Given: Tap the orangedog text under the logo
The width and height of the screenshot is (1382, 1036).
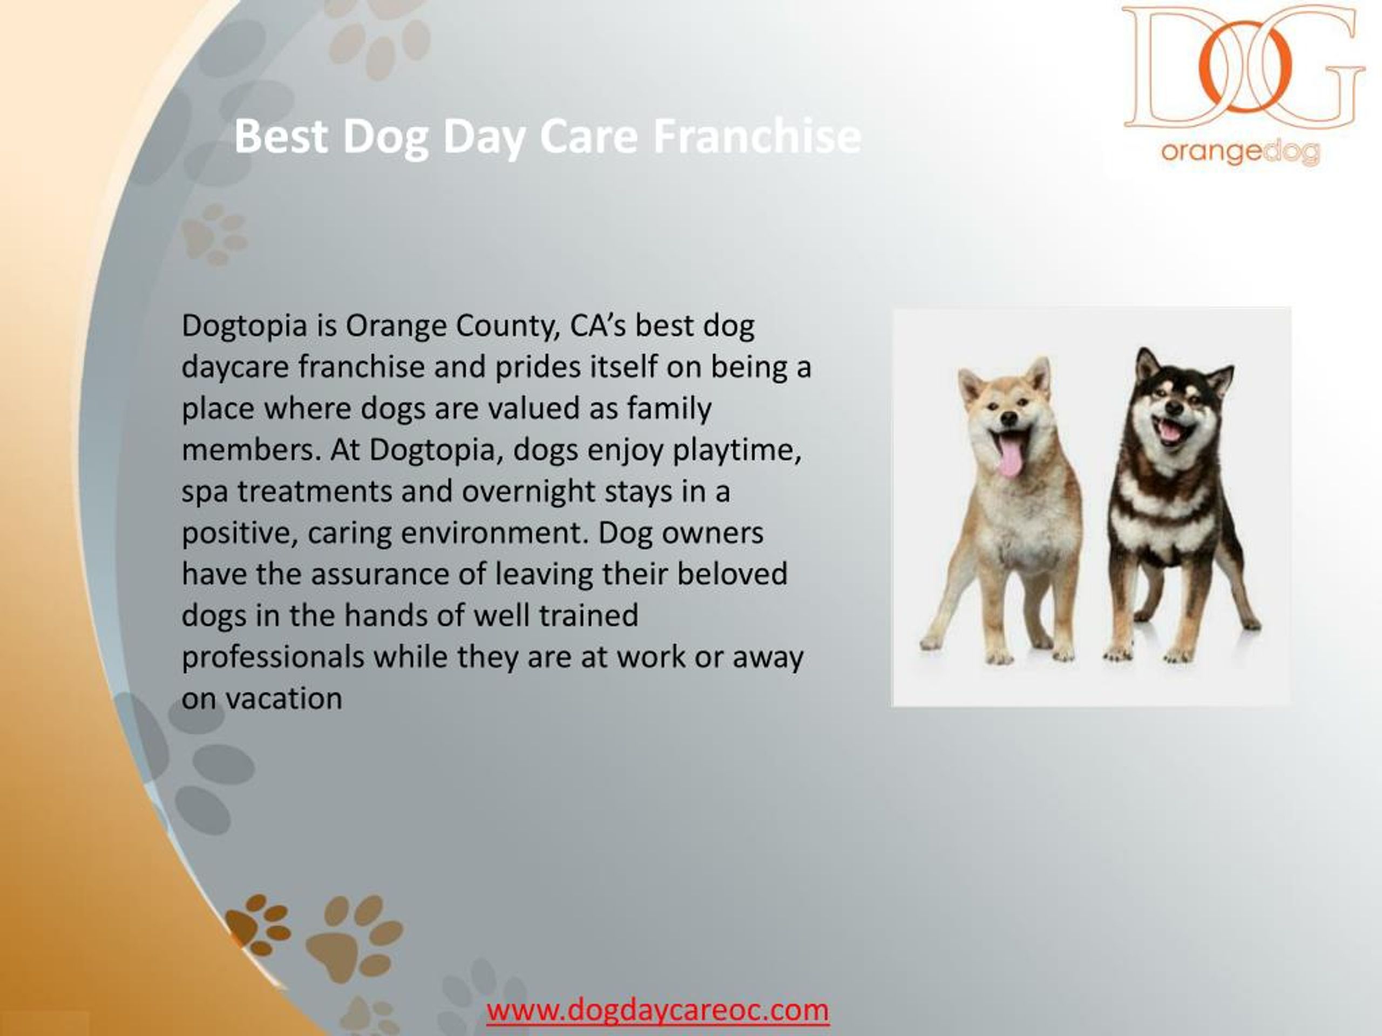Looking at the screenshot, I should [x=1239, y=152].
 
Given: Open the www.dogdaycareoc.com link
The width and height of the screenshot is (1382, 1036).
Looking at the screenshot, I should [x=658, y=1009].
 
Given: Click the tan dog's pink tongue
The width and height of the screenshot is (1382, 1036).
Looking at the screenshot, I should [x=1010, y=457].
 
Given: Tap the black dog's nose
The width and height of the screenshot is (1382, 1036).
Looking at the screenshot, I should [x=1174, y=408].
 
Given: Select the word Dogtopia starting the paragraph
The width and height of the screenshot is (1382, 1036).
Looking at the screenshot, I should [x=245, y=326].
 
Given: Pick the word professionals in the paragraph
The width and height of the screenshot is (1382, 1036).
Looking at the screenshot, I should [x=273, y=657].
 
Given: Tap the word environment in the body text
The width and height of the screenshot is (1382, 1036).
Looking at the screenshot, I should [x=494, y=533].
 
